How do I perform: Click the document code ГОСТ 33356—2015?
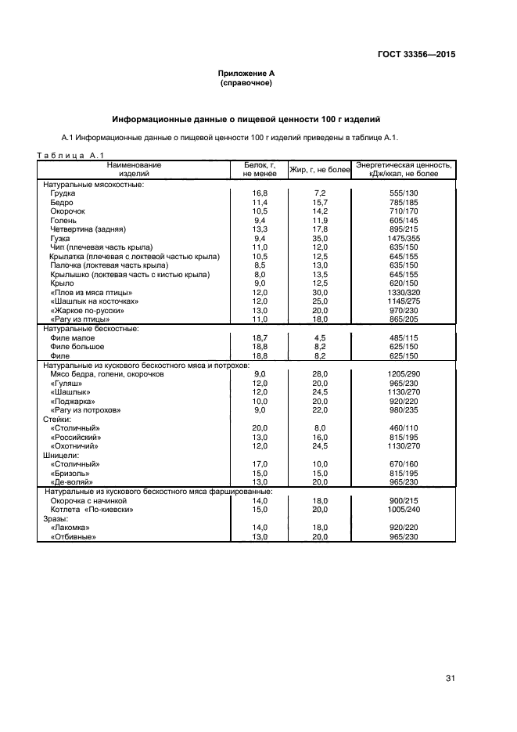coord(415,56)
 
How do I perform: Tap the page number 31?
coord(451,678)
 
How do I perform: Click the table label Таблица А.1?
coord(70,155)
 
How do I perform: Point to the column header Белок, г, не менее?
coord(260,169)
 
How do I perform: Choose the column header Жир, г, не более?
coord(319,169)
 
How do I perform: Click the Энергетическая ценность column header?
coord(404,169)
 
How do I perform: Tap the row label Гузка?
coord(60,238)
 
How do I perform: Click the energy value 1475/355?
coord(404,238)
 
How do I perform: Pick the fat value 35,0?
coord(319,238)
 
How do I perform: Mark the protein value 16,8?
coord(260,193)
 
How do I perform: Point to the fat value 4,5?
coord(319,337)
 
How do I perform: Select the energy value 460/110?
coord(404,428)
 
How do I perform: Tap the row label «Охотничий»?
coord(75,446)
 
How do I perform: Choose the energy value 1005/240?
coord(404,510)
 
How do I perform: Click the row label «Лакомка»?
coord(70,528)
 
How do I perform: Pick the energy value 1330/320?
coord(404,292)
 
